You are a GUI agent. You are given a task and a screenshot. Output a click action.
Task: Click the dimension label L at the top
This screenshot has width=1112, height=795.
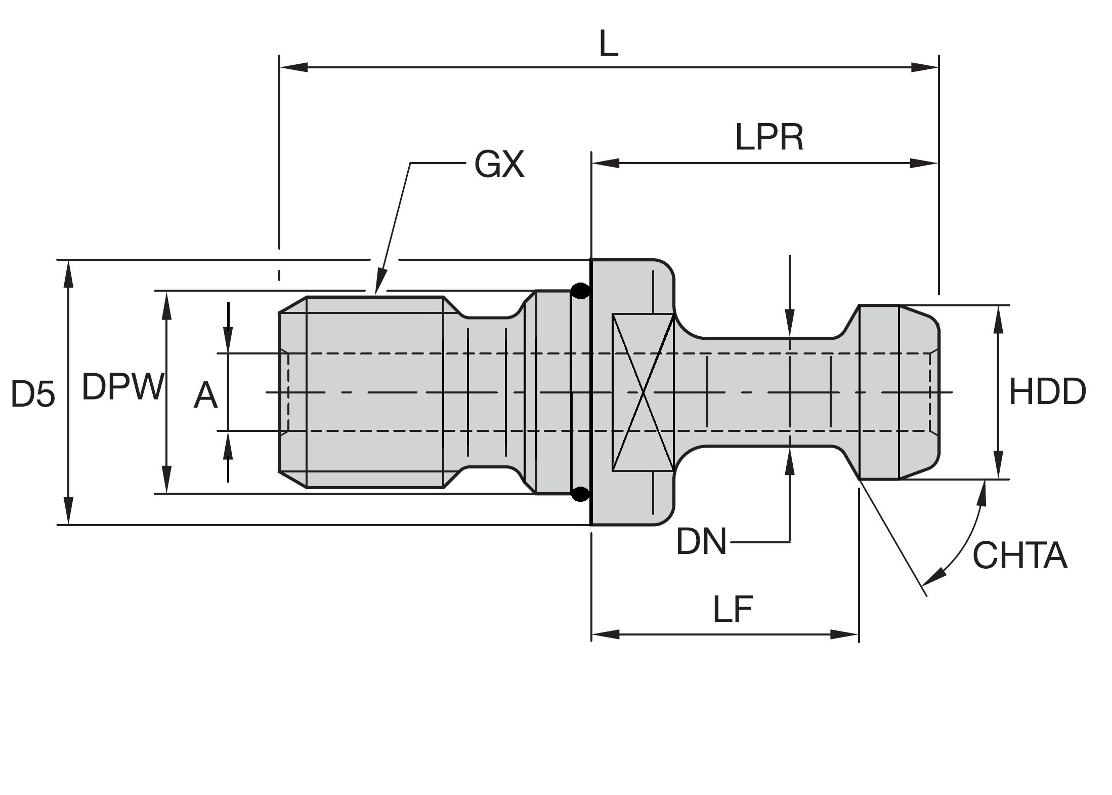coord(609,46)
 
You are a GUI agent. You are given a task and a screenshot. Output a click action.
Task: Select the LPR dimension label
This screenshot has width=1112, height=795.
coord(769,138)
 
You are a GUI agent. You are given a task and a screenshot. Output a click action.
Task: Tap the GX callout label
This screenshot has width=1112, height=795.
coord(499,165)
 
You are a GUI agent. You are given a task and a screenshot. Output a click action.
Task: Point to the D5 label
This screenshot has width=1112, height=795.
coord(33,394)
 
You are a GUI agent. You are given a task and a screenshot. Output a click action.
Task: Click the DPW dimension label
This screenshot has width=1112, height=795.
coord(123,387)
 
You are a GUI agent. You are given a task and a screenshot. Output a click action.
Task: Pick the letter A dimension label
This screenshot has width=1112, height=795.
coord(205,396)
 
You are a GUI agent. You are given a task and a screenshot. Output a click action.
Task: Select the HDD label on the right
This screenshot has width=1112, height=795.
coord(1047,392)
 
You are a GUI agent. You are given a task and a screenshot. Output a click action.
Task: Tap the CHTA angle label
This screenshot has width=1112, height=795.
coord(1019,556)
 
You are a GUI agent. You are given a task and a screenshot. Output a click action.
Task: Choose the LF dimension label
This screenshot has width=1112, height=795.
coord(733,610)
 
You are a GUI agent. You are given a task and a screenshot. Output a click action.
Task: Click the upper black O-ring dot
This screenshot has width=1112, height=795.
coord(580,291)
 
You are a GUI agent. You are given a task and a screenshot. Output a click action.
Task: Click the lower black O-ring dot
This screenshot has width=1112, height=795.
coord(580,493)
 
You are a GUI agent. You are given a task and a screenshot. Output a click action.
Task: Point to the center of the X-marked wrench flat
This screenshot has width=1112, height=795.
coord(643,392)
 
